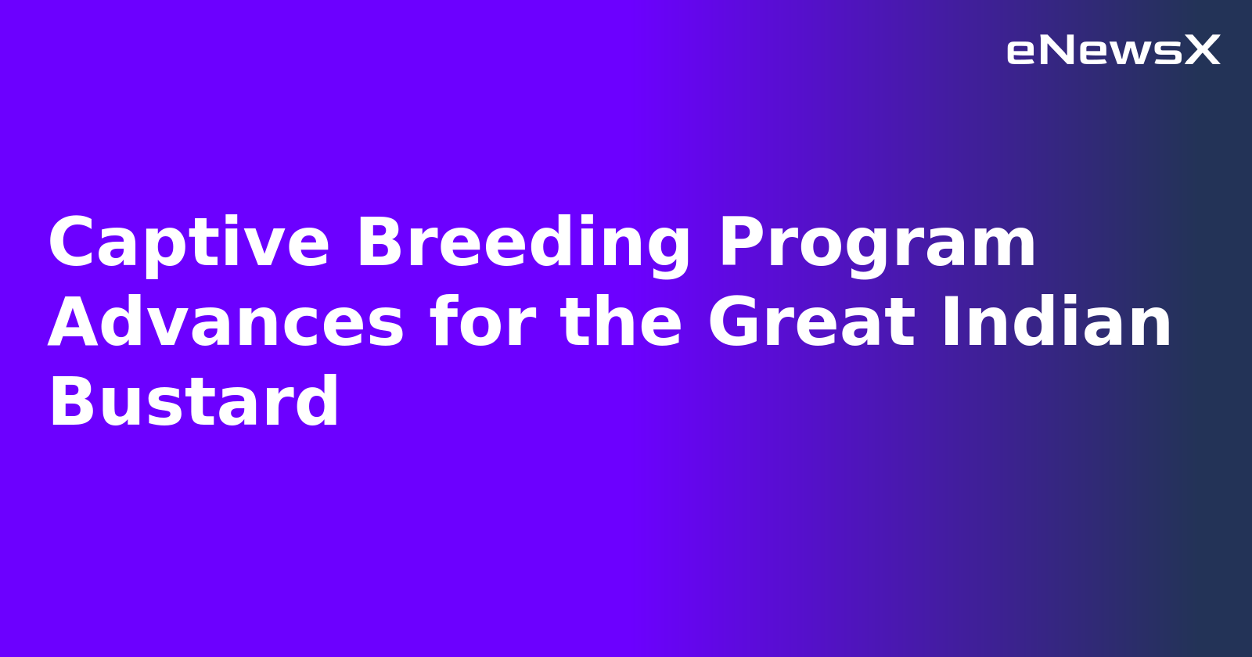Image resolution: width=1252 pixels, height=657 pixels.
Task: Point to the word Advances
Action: (x=226, y=324)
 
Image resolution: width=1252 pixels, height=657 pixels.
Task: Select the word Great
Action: (x=811, y=324)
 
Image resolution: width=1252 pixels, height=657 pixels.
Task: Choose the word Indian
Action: (x=1056, y=324)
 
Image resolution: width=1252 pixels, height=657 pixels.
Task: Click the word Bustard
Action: (x=193, y=404)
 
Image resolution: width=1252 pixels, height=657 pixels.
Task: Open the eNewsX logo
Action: (x=1113, y=51)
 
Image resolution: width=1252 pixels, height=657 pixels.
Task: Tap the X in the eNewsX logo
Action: (x=1202, y=51)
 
